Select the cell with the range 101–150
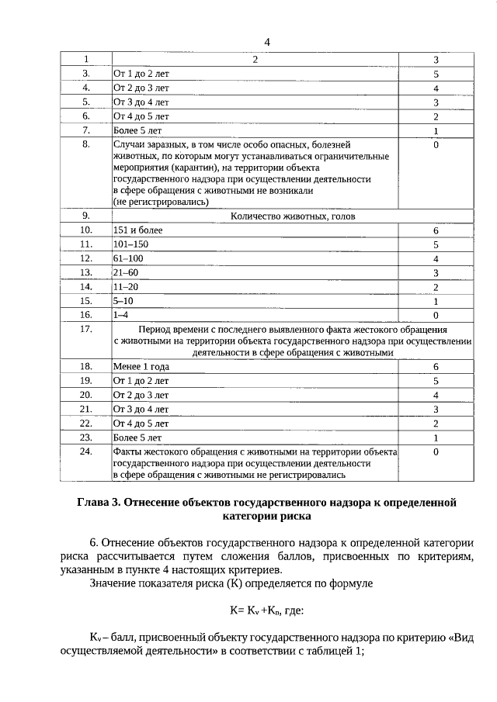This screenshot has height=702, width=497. point(130,244)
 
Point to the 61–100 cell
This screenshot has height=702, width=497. point(128,258)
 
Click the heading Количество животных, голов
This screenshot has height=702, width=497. point(293,216)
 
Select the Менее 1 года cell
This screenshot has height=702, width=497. point(136,366)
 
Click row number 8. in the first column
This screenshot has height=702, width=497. point(86,145)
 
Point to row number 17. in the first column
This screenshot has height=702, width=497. point(86,330)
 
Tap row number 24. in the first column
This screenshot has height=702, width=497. point(86,451)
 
